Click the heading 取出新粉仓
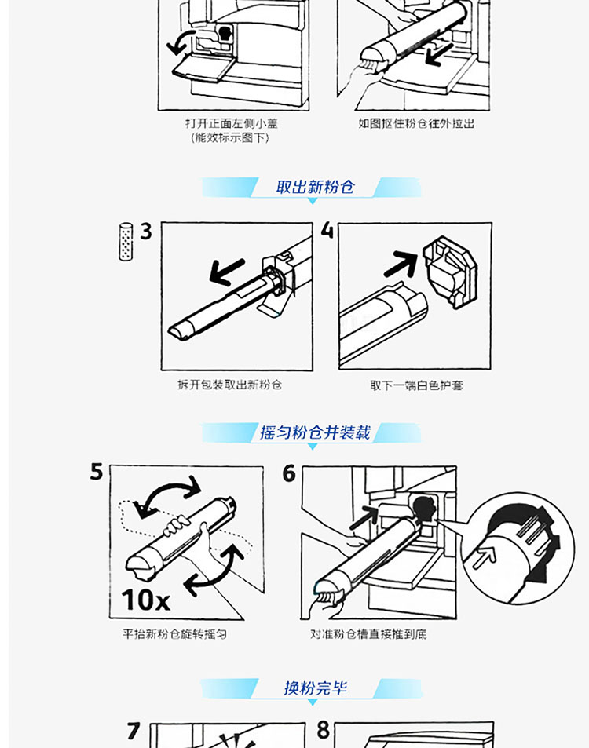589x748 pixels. pyautogui.click(x=315, y=187)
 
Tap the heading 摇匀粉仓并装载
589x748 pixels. pyautogui.click(x=315, y=432)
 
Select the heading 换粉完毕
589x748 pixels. pyautogui.click(x=315, y=688)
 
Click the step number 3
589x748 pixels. pyautogui.click(x=145, y=232)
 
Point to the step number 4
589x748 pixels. pyautogui.click(x=327, y=231)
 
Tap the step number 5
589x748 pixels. pyautogui.click(x=97, y=472)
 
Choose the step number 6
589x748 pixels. pyautogui.click(x=289, y=474)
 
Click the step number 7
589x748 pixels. pyautogui.click(x=134, y=731)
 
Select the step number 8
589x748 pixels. pyautogui.click(x=324, y=730)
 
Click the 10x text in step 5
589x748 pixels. pyautogui.click(x=145, y=600)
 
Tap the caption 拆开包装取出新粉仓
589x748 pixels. pyautogui.click(x=229, y=385)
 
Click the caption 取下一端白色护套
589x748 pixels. pyautogui.click(x=417, y=385)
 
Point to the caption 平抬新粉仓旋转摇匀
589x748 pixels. pyautogui.click(x=174, y=634)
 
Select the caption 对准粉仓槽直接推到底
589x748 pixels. pyautogui.click(x=368, y=634)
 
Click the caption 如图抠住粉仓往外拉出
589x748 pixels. pyautogui.click(x=417, y=123)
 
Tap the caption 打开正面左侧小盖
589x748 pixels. pyautogui.click(x=232, y=123)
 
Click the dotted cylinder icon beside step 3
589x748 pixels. pyautogui.click(x=126, y=242)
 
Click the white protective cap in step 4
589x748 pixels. pyautogui.click(x=450, y=272)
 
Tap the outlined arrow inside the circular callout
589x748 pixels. pyautogui.click(x=484, y=556)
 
